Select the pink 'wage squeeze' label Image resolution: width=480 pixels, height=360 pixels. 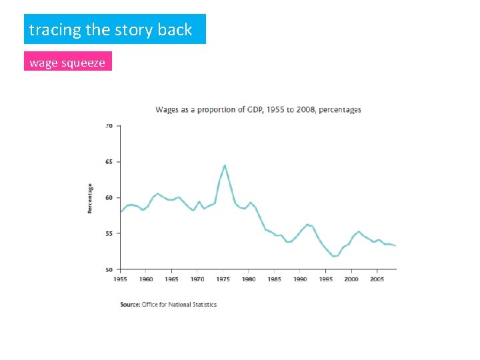[x=67, y=63]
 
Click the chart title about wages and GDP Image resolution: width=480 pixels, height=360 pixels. [x=258, y=109]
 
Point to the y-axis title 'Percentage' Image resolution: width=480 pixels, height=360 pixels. [x=90, y=198]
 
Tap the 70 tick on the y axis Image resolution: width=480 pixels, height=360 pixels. [x=109, y=125]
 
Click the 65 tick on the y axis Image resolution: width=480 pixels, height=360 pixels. [x=109, y=161]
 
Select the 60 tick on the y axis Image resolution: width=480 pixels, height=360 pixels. [x=109, y=197]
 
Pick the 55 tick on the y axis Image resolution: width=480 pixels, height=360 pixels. [x=109, y=233]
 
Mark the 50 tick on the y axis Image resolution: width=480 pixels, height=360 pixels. [x=109, y=269]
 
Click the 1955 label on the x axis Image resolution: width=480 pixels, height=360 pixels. [x=121, y=279]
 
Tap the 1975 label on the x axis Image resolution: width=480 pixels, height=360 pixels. [x=223, y=279]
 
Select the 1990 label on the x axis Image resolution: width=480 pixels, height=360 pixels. [x=300, y=279]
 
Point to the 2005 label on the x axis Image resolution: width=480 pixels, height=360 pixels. [x=377, y=279]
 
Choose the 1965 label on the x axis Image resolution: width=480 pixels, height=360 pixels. [x=172, y=279]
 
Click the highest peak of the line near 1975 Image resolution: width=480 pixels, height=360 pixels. [x=225, y=165]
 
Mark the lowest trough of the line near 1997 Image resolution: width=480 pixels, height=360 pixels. [x=335, y=256]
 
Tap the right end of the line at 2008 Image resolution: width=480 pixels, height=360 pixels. [x=395, y=245]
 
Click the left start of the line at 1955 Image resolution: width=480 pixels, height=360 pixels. [x=121, y=211]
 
